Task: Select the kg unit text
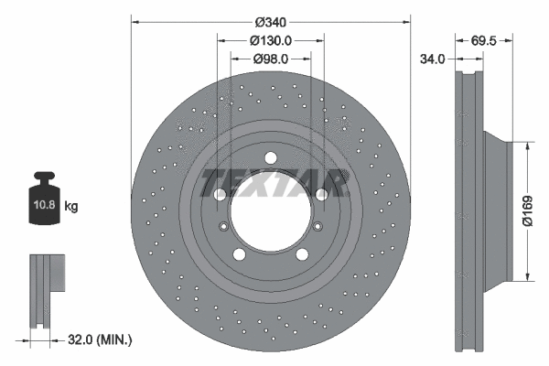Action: (x=71, y=207)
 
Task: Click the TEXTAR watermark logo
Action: (x=273, y=182)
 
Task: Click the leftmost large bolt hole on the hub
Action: (x=220, y=195)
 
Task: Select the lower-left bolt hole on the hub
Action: (x=239, y=255)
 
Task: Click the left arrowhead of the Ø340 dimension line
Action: (x=136, y=21)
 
